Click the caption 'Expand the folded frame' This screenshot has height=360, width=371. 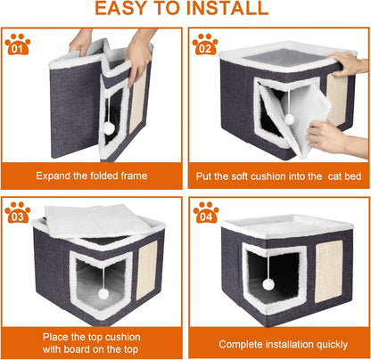(92, 174)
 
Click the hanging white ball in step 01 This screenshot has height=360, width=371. (109, 128)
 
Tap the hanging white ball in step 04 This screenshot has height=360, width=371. (268, 285)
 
